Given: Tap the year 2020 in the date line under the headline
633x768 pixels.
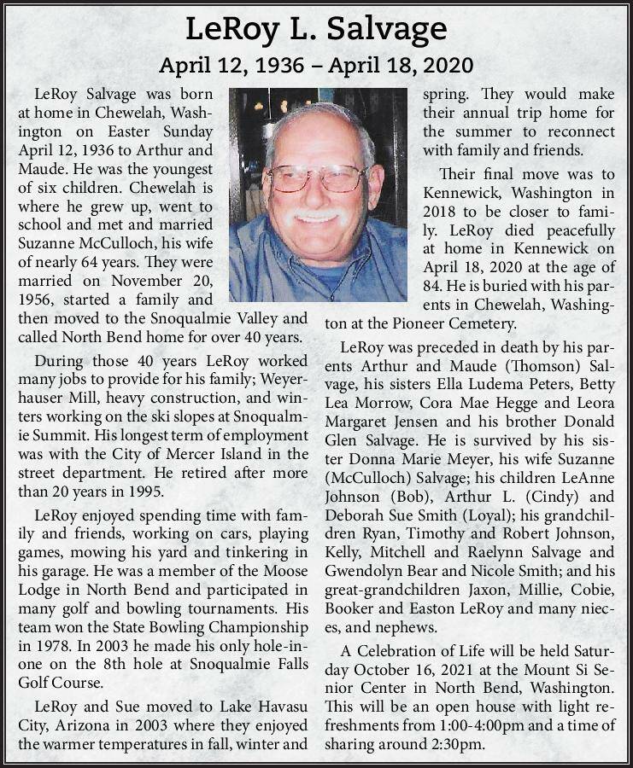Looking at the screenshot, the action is (x=438, y=66).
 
